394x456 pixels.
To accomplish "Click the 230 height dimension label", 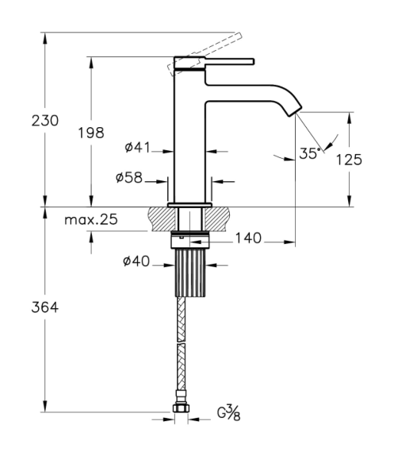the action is (45, 121).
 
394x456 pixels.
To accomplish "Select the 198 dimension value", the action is (91, 133).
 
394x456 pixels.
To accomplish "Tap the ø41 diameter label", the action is (137, 147).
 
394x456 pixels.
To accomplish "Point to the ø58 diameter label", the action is (129, 177).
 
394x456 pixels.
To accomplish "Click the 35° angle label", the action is (309, 153).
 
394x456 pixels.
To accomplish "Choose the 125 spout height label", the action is (349, 160).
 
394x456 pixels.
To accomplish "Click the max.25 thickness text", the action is (91, 219).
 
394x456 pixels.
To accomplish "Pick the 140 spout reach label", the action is (248, 238).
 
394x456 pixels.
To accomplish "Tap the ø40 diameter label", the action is (136, 261).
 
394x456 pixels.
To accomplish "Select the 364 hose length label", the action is (45, 307).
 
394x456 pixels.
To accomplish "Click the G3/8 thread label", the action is (229, 413).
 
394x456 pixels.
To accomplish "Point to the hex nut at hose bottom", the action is (181, 408).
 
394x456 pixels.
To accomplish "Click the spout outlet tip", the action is (295, 112).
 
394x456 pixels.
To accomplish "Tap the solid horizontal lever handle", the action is (229, 62).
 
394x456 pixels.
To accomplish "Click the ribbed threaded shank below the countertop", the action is (190, 273).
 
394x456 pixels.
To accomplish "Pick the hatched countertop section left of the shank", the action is (163, 219).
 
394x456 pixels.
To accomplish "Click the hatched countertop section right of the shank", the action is (216, 219).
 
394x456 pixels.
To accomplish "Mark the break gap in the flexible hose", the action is (181, 342).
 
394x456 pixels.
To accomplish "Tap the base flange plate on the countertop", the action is (189, 205).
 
